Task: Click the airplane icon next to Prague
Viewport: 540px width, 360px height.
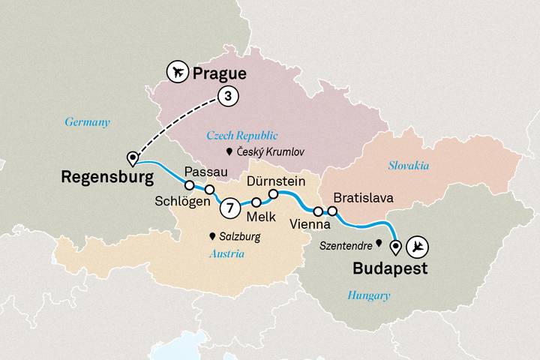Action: pos(177,73)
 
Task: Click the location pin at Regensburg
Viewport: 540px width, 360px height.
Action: pos(133,158)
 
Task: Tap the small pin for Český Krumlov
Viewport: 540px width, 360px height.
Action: pos(230,152)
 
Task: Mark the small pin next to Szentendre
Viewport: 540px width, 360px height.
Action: pos(378,243)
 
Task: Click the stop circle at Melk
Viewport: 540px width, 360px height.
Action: pos(256,202)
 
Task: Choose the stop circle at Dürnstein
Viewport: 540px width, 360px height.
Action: pos(274,194)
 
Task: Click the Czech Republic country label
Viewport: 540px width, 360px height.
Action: pos(241,136)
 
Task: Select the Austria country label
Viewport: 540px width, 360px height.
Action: pos(229,253)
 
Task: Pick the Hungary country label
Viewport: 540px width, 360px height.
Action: pos(368,295)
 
